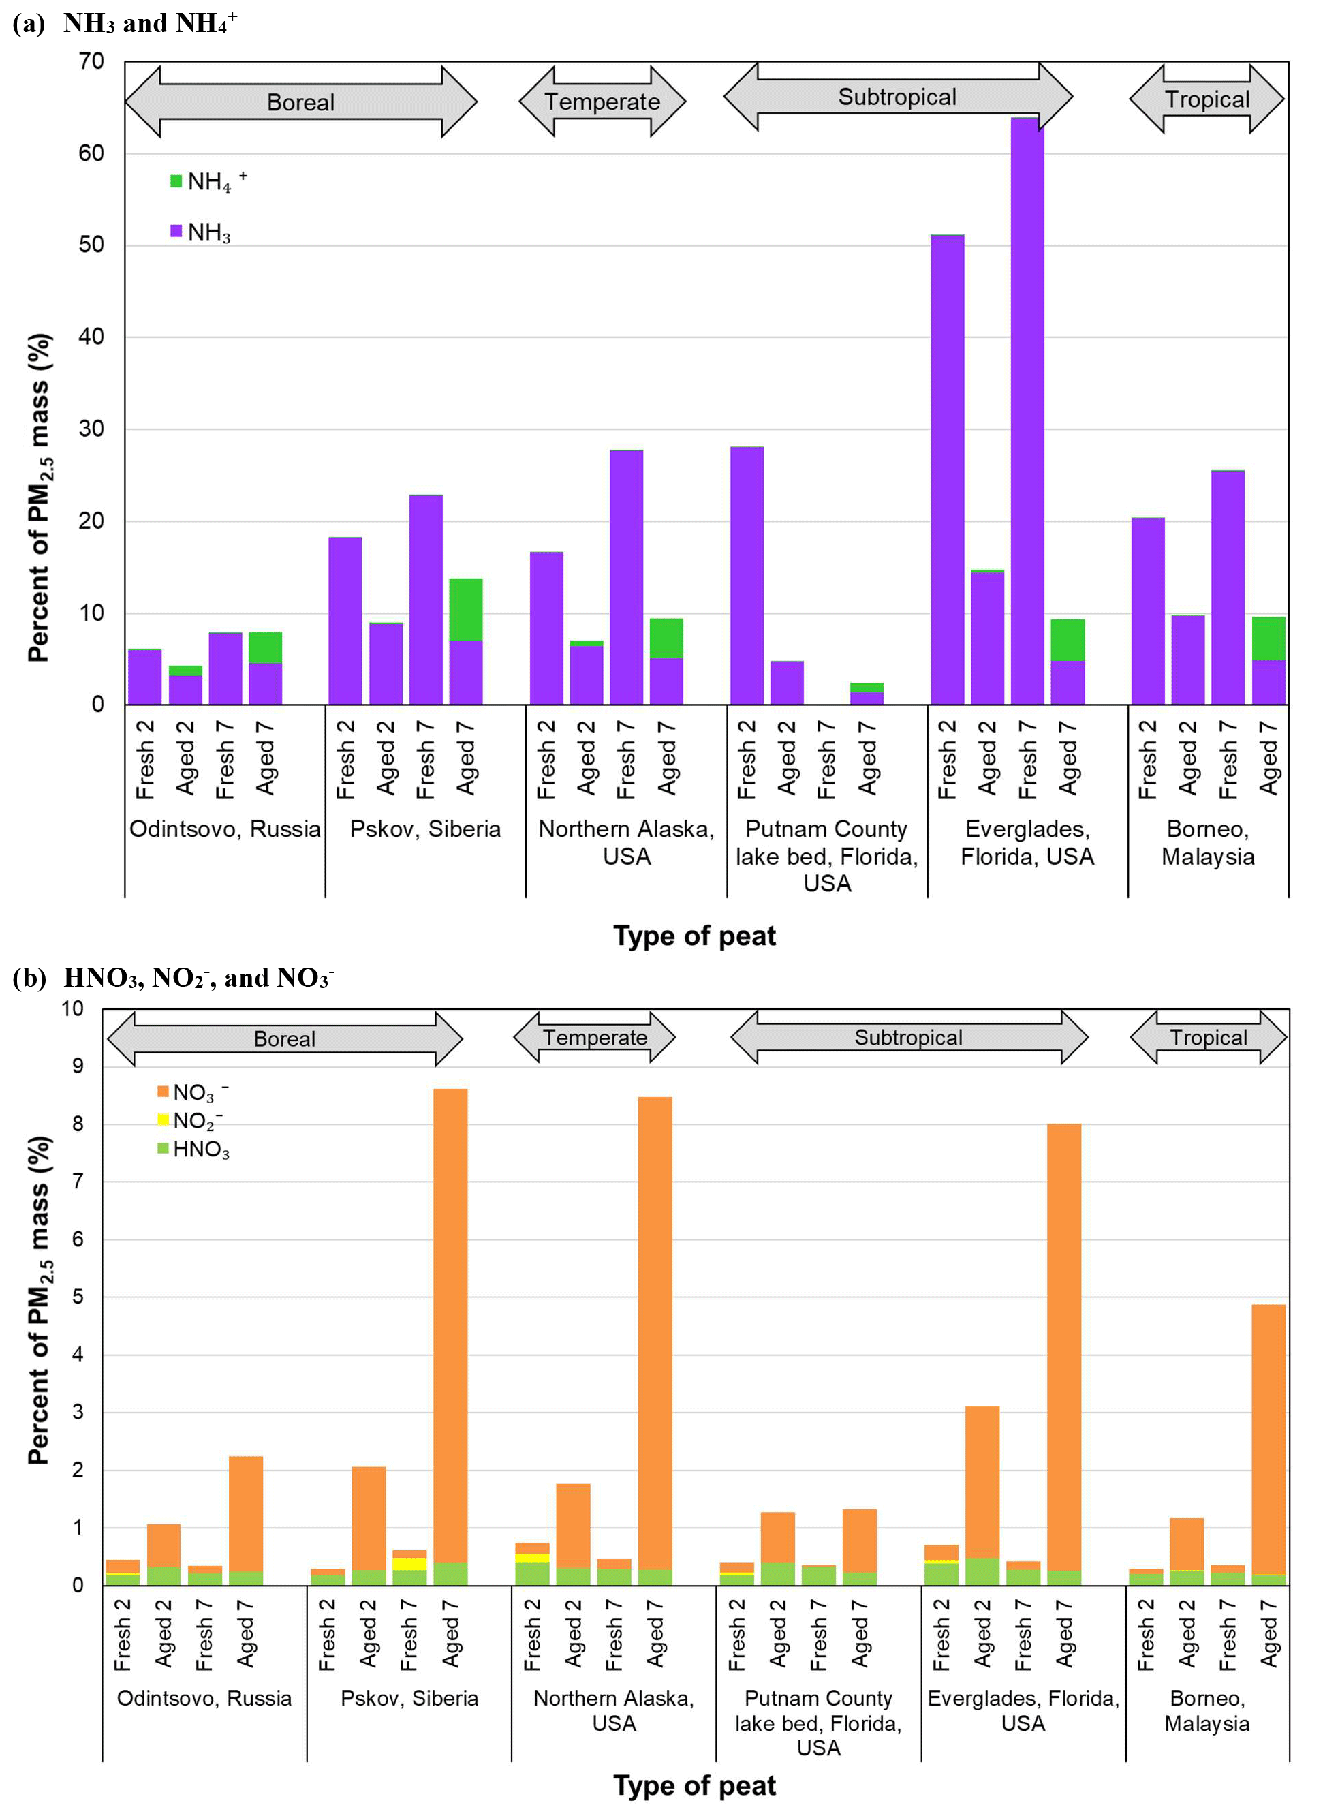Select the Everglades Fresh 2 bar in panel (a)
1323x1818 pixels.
click(947, 469)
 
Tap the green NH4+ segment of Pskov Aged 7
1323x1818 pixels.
click(465, 609)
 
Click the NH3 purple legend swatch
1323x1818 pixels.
click(176, 231)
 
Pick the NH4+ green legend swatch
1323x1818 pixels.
click(176, 181)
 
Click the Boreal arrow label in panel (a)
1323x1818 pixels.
click(300, 103)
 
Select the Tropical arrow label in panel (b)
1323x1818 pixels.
click(1208, 1037)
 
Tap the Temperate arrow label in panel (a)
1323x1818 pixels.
click(602, 102)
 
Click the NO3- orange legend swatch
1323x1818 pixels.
click(163, 1092)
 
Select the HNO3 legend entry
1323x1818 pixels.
click(200, 1150)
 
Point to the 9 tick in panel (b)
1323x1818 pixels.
click(78, 1066)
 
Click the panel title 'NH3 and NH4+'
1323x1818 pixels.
click(150, 22)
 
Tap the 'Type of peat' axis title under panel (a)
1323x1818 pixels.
click(694, 936)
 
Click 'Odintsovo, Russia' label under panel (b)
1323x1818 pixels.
click(204, 1698)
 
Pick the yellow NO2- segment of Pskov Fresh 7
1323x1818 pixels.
click(409, 1564)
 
